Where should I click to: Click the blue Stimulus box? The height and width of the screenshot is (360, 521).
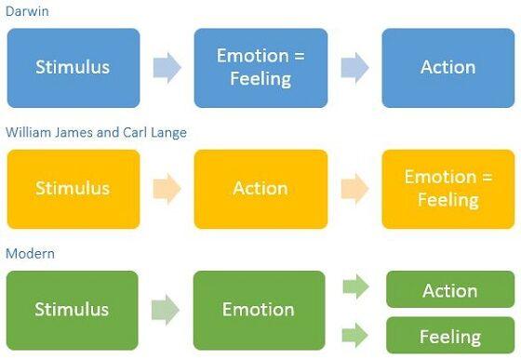(73, 67)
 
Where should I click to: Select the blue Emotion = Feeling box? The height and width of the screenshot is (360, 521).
(260, 67)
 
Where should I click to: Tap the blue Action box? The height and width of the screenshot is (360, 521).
(448, 67)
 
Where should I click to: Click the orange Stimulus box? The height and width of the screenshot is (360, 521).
(73, 188)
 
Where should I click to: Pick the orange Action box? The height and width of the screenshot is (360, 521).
(260, 188)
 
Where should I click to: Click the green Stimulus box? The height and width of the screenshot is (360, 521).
(72, 309)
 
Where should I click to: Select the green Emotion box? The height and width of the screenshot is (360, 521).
(258, 309)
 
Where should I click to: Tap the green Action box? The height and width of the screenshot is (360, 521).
(449, 290)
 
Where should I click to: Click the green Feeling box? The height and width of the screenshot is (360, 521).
(449, 335)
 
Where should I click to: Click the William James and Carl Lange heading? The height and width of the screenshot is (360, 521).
(96, 133)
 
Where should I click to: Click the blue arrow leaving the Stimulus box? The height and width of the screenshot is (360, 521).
(167, 68)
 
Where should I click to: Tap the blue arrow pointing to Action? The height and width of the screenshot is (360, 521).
(354, 68)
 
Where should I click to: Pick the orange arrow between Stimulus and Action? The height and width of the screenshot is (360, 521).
(167, 189)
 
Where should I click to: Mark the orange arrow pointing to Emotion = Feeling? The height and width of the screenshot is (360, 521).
(354, 189)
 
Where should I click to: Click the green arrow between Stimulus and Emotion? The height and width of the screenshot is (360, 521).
(166, 310)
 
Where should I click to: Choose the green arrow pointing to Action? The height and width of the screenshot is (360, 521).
(356, 287)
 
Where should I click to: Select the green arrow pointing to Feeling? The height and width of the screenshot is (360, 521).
(356, 333)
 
